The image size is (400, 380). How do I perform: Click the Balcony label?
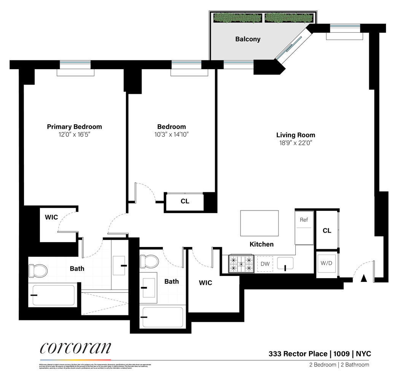tap(248, 39)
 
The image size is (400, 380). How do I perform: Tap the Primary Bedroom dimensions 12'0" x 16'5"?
tap(74, 134)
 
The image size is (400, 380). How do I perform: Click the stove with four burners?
tap(241, 264)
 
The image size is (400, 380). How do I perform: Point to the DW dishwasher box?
tap(265, 264)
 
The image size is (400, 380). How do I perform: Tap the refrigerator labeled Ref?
tap(304, 228)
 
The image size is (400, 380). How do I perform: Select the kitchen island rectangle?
tap(259, 223)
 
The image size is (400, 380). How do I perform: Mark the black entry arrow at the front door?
tap(363, 278)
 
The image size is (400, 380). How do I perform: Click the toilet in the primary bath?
tap(38, 271)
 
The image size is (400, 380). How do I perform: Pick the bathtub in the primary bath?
tap(53, 295)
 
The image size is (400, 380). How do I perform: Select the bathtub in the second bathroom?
tap(163, 317)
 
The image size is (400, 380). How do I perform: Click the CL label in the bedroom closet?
tap(185, 201)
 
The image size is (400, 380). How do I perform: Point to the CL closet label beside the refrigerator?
tap(327, 231)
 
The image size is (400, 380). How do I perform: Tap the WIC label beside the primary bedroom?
tap(51, 217)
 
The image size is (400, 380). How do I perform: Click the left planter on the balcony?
tap(237, 18)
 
